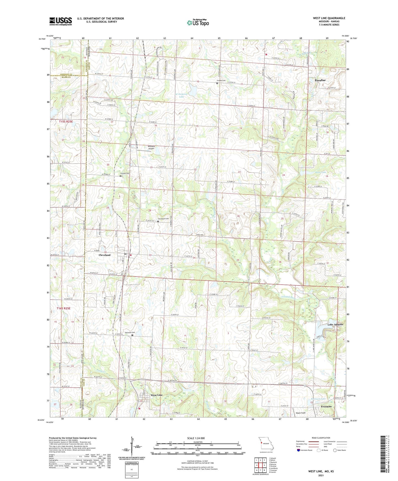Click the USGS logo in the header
click(x=61, y=21)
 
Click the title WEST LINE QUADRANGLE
click(x=329, y=18)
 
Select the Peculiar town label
click(x=320, y=80)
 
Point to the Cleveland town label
click(x=104, y=255)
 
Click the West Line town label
click(x=156, y=395)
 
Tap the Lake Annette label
click(x=335, y=325)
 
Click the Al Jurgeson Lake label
click(x=181, y=95)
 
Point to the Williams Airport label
click(x=151, y=147)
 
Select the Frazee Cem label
click(x=220, y=80)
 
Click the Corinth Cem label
click(x=124, y=173)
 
